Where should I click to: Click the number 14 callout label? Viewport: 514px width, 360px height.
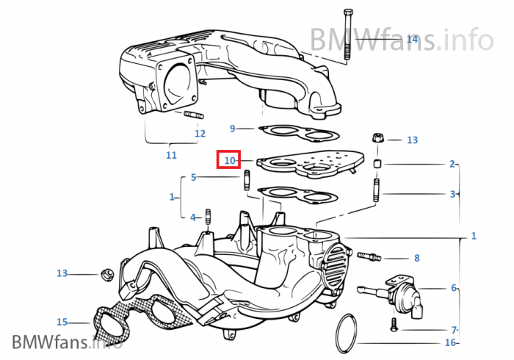(411, 39)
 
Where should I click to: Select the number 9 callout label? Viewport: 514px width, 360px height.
(232, 129)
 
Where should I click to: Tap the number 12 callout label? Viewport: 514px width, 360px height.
(200, 133)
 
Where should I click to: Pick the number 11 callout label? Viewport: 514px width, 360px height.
(171, 155)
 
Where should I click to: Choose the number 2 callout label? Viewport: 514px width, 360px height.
(452, 164)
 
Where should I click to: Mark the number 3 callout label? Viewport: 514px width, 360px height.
(452, 194)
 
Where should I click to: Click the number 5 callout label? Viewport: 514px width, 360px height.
(193, 177)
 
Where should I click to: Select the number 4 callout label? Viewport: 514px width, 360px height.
(193, 217)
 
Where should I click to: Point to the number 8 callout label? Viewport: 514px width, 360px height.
(416, 258)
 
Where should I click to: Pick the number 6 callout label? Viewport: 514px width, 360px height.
(453, 287)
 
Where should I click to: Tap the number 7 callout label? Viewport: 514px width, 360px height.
(453, 329)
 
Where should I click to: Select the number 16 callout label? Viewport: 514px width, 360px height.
(450, 342)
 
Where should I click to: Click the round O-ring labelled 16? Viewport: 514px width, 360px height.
(349, 334)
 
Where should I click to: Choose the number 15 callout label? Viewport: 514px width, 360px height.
(62, 321)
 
